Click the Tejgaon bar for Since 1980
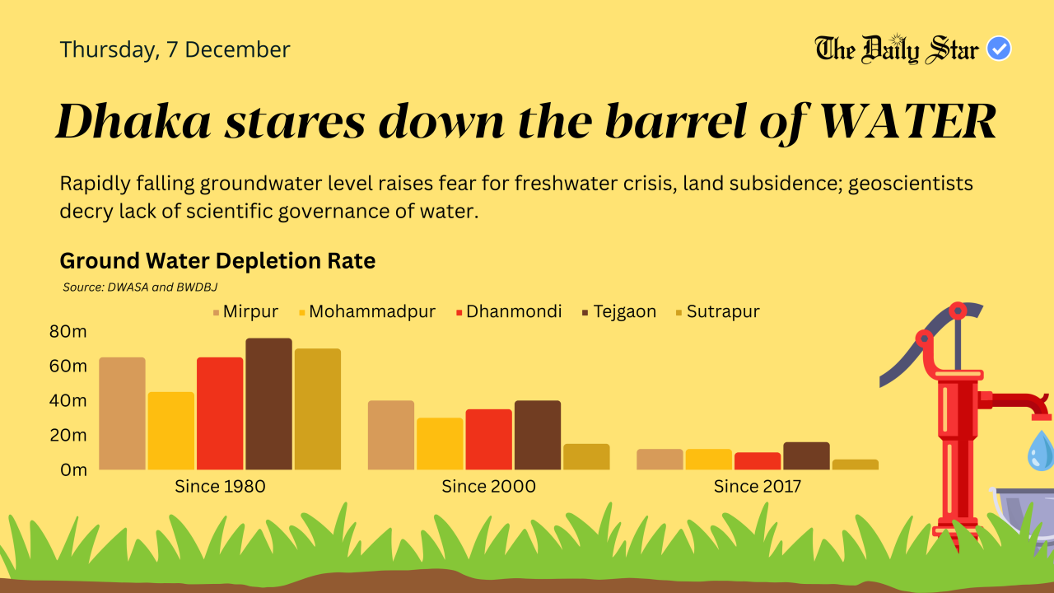[268, 404]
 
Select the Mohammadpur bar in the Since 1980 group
[171, 431]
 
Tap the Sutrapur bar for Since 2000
[586, 457]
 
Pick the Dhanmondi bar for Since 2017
[758, 461]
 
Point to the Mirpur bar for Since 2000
[391, 435]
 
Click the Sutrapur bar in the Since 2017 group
[855, 465]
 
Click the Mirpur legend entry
[245, 312]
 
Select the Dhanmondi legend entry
[509, 312]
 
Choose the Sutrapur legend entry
[716, 312]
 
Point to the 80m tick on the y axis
[68, 332]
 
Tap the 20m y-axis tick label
[68, 435]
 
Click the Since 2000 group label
[488, 487]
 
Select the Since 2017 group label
[758, 487]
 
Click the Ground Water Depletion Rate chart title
[217, 261]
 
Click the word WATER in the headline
[909, 122]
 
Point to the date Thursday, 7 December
[175, 49]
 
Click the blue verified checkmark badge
[999, 49]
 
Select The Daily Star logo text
[897, 49]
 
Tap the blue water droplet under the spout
[1041, 451]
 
